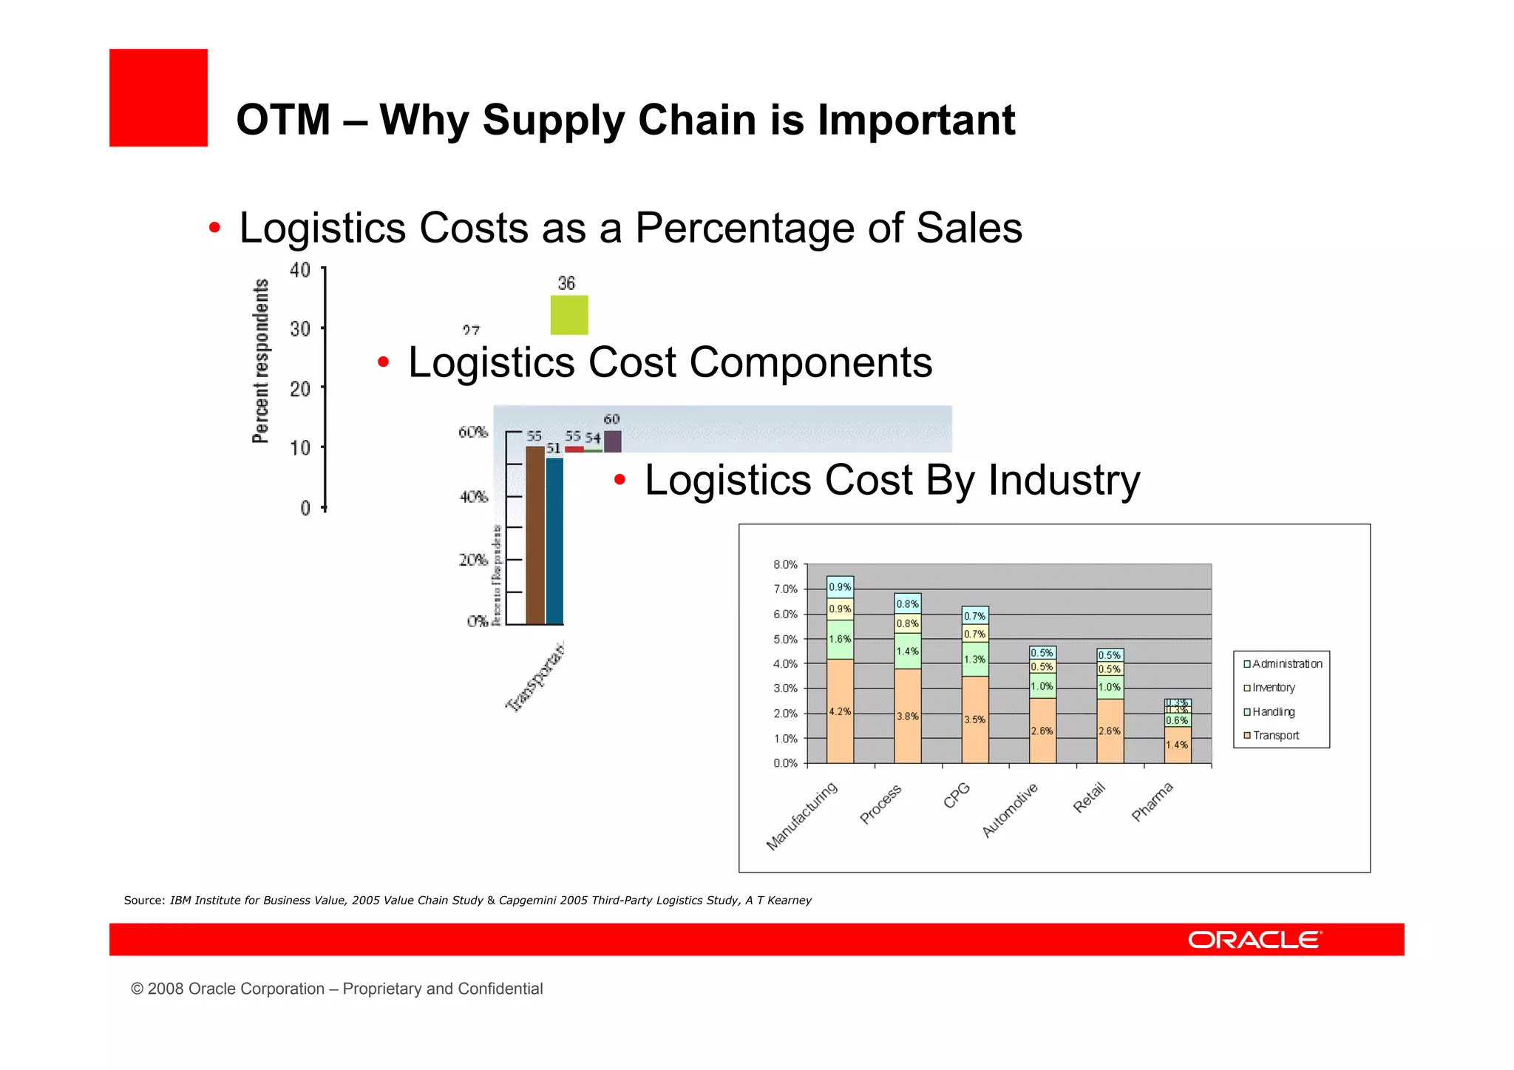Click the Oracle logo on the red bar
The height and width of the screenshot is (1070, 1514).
(1254, 940)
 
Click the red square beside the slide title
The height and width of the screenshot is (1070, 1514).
(158, 98)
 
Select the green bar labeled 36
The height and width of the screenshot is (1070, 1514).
(568, 315)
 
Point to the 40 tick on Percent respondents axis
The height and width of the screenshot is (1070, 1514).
(300, 270)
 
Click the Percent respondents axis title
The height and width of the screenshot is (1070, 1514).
(260, 361)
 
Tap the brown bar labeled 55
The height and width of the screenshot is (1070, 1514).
(534, 535)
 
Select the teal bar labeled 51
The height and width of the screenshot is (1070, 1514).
(554, 541)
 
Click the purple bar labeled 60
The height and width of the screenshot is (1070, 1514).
(612, 441)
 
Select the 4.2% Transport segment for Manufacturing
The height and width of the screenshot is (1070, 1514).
(840, 711)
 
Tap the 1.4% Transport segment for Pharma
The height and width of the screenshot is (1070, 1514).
(1177, 745)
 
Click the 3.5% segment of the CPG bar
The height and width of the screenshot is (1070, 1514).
(974, 719)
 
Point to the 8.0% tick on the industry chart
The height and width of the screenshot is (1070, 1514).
(785, 565)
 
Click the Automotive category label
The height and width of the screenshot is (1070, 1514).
(1010, 810)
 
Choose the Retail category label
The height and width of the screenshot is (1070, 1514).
(1089, 797)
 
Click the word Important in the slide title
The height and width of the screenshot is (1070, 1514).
(916, 120)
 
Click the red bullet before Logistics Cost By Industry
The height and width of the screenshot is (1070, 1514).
(619, 481)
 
